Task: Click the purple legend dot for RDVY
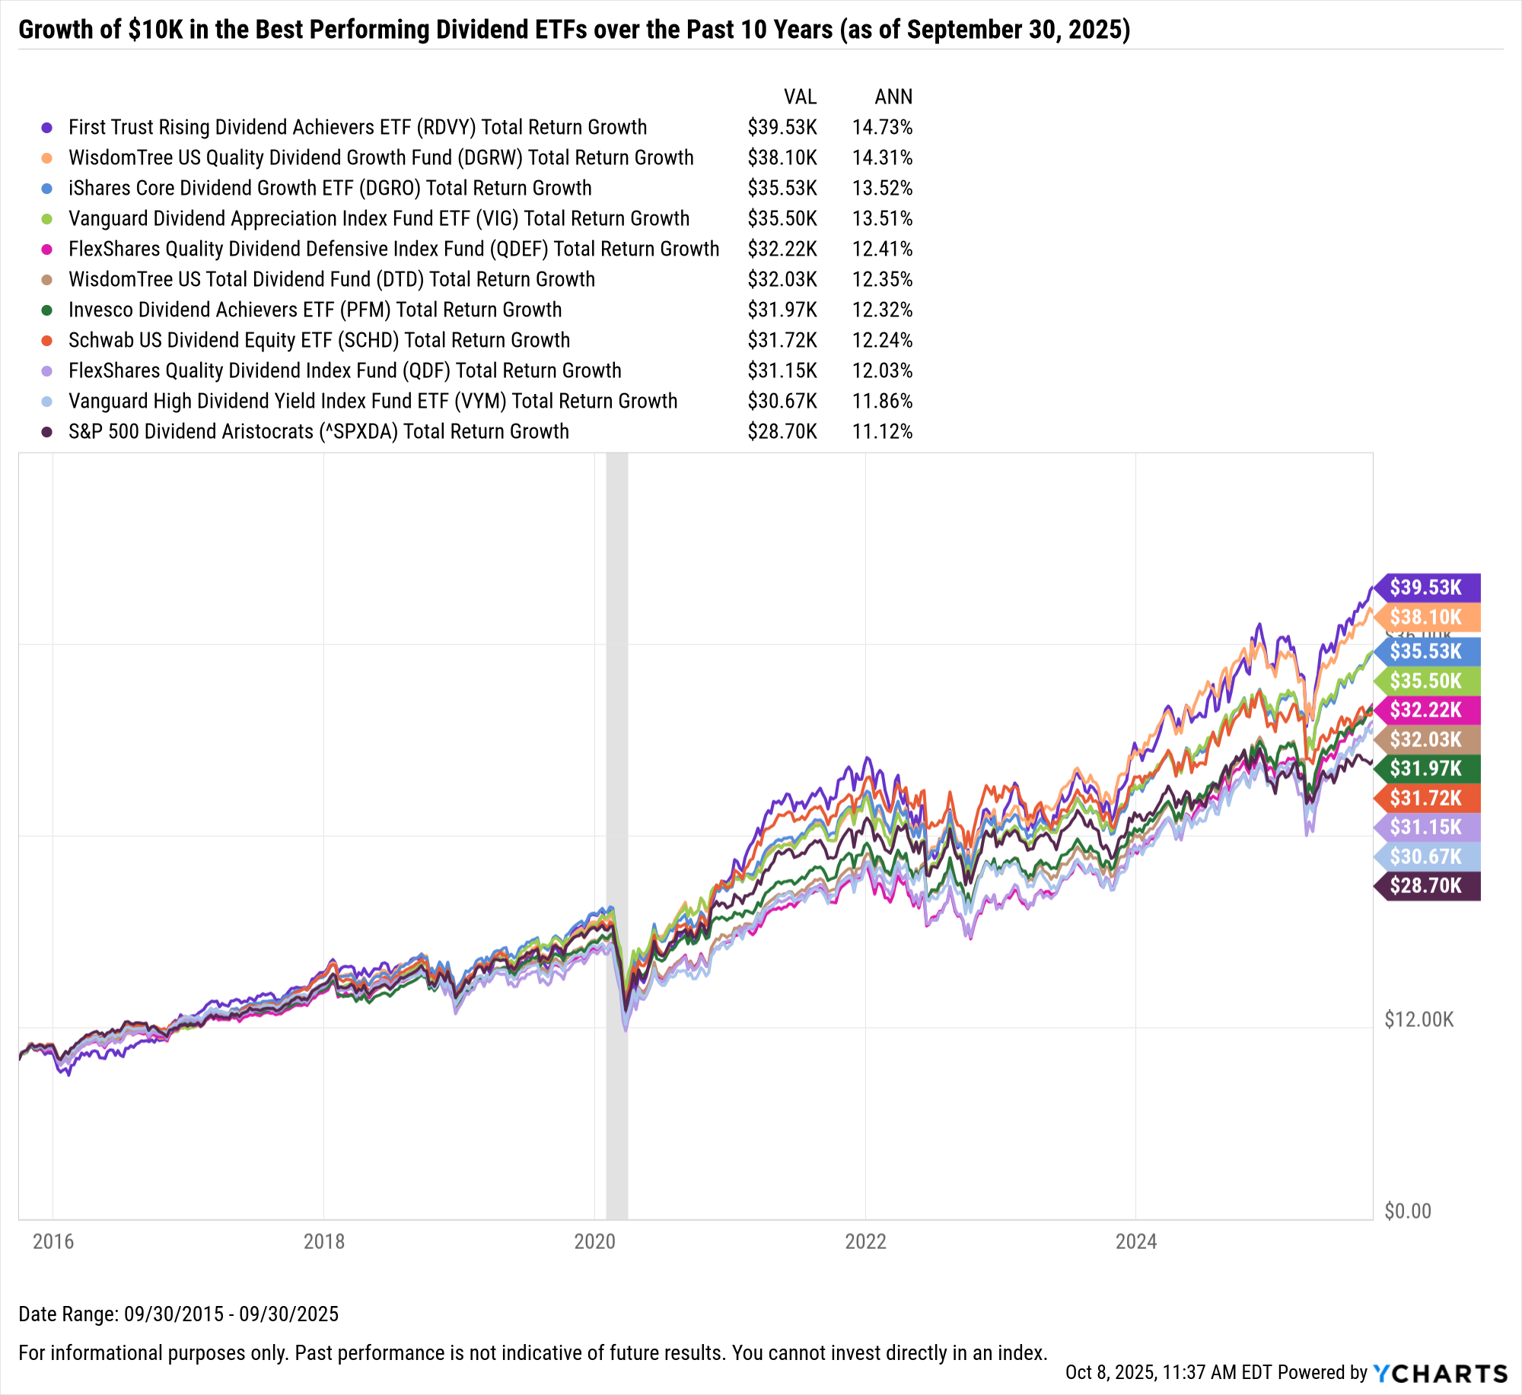[x=47, y=128]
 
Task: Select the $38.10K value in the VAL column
[x=782, y=158]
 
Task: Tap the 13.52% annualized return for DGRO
[x=882, y=189]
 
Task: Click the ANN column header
[x=893, y=97]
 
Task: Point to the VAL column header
[x=800, y=97]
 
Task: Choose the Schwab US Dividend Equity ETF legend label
[x=319, y=341]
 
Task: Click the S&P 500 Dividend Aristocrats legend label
[x=318, y=432]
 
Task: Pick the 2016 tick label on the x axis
[x=53, y=1242]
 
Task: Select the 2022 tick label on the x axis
[x=865, y=1242]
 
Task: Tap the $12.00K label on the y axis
[x=1419, y=1020]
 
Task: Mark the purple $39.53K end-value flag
[x=1427, y=588]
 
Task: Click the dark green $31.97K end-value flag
[x=1427, y=769]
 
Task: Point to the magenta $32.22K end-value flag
[x=1427, y=710]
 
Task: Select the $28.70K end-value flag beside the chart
[x=1427, y=886]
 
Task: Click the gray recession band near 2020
[x=616, y=761]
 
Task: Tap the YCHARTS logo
[x=1440, y=1374]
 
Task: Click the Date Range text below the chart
[x=178, y=1314]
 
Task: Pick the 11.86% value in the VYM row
[x=882, y=402]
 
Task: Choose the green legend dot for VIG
[x=47, y=219]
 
